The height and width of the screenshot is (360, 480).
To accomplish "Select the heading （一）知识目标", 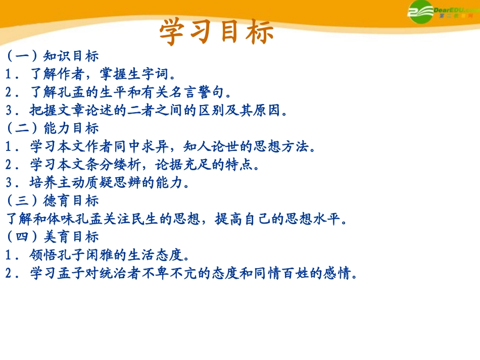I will (x=53, y=56).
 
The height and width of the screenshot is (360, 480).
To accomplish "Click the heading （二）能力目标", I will (x=53, y=128).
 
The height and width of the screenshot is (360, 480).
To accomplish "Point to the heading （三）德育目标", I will (x=53, y=201).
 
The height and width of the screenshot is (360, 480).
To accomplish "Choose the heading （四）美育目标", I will (x=53, y=237).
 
